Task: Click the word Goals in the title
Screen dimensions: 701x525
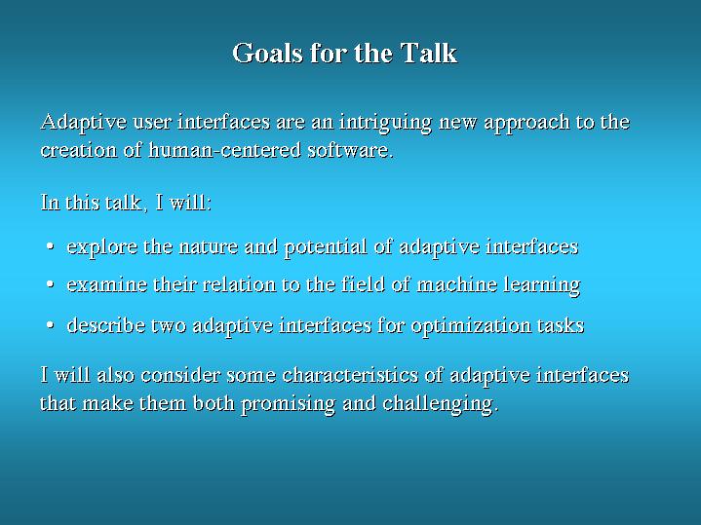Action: coord(267,53)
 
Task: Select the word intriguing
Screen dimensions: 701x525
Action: coord(385,123)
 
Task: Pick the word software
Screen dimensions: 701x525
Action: coord(351,149)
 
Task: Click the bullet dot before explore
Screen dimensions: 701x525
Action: coord(50,246)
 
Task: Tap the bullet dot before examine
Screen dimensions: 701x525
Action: coord(50,284)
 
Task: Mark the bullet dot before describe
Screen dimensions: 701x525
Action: coord(50,325)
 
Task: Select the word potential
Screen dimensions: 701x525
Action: coord(326,247)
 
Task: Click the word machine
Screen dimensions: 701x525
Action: coord(457,284)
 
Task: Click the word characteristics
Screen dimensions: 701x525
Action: coord(350,375)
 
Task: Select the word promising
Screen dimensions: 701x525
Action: coord(289,404)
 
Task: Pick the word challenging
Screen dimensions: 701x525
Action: coord(441,404)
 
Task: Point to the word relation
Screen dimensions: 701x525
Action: coord(239,284)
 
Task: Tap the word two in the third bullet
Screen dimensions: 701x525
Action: coord(169,326)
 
